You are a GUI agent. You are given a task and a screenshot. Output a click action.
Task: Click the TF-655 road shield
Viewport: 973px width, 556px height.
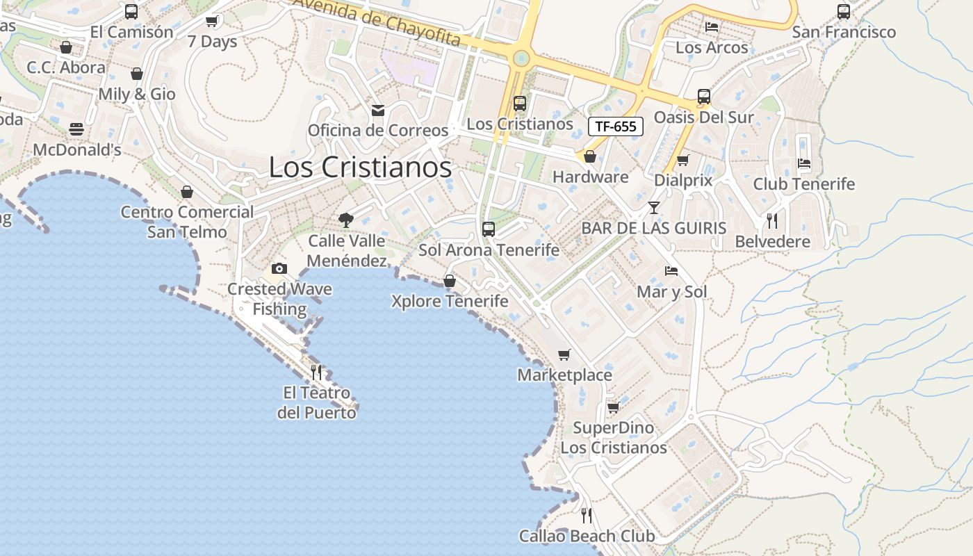point(616,126)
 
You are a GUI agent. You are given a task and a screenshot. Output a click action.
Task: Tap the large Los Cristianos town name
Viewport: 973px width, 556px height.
point(360,167)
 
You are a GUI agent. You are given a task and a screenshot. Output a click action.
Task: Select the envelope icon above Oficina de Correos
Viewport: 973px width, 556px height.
point(378,111)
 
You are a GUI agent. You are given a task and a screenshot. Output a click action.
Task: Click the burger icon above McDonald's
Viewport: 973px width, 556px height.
point(76,129)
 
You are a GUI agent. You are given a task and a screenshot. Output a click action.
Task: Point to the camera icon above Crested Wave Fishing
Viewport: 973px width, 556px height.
point(279,268)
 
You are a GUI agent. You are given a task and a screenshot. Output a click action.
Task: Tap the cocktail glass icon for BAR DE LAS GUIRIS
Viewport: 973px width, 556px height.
point(654,207)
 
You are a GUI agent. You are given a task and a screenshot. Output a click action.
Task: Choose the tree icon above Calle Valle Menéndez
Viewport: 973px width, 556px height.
point(345,220)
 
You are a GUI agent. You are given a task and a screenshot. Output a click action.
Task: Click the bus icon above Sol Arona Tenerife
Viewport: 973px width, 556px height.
point(489,229)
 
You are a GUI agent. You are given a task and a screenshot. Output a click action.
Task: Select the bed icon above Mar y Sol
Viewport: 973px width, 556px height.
point(671,271)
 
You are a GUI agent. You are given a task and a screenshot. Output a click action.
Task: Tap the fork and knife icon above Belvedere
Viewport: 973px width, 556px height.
point(772,221)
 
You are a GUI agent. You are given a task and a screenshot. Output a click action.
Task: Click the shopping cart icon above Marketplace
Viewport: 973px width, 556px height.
point(564,354)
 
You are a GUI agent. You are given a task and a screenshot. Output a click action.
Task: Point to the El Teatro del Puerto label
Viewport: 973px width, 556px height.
point(317,402)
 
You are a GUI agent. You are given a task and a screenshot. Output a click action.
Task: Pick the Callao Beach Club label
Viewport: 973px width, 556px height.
point(587,536)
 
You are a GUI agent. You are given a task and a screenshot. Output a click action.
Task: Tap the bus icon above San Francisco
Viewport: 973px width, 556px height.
point(844,11)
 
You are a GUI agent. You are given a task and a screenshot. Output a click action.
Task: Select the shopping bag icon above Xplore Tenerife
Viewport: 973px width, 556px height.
point(450,281)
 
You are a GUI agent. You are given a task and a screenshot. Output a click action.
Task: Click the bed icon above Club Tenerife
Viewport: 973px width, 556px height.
point(804,163)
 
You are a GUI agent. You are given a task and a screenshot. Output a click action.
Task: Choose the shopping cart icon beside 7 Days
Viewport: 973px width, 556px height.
point(212,21)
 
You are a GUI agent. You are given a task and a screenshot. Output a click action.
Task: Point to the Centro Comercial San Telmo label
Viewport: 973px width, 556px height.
point(187,222)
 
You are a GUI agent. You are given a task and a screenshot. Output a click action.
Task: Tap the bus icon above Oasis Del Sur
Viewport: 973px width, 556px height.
point(704,97)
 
